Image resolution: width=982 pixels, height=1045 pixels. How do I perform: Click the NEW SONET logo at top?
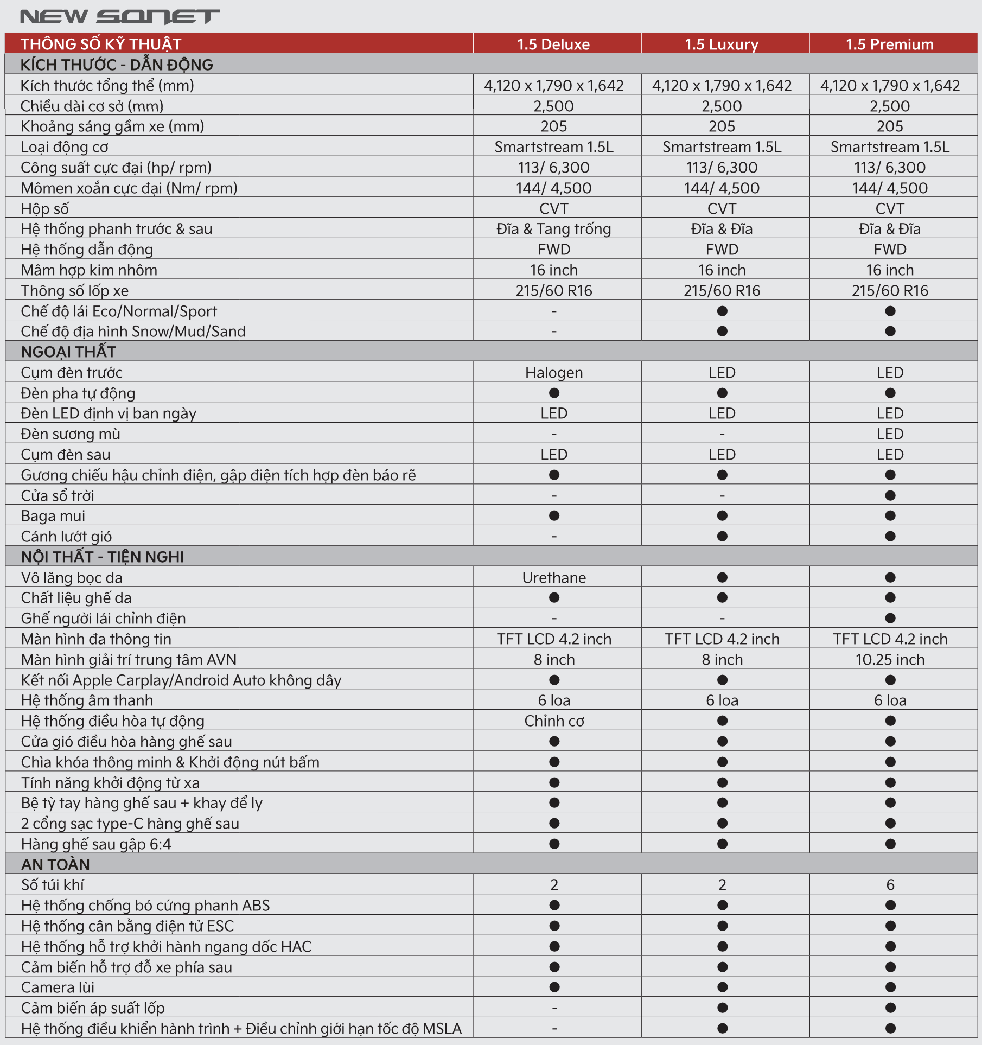tap(120, 16)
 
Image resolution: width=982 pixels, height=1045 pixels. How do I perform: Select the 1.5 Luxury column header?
tap(722, 44)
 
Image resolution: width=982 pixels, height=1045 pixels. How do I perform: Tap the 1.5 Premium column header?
tap(890, 44)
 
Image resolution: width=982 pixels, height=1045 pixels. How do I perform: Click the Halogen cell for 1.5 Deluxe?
tap(554, 373)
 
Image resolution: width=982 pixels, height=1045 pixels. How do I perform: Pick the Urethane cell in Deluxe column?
tap(554, 578)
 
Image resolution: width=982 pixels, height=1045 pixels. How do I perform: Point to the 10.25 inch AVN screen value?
tap(890, 660)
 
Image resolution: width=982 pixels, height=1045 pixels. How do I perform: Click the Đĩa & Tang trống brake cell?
tap(554, 229)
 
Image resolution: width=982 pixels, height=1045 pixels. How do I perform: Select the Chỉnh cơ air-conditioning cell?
tap(554, 721)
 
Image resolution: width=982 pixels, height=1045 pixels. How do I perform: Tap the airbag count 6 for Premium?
tap(890, 885)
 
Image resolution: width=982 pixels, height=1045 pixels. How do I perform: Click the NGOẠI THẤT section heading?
tap(68, 352)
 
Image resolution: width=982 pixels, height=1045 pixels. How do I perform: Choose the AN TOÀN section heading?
tap(55, 864)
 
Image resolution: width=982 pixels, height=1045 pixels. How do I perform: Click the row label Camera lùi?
tap(58, 987)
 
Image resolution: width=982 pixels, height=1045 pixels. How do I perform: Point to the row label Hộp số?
tap(45, 209)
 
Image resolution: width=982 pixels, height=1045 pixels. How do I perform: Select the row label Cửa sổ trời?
tap(58, 496)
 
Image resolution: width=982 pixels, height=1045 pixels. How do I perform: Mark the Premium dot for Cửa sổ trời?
tap(890, 495)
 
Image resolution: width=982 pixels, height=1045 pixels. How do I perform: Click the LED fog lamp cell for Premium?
tap(890, 434)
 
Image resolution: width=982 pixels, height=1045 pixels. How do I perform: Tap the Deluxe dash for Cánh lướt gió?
tap(554, 537)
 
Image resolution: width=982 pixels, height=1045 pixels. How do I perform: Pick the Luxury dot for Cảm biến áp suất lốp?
tap(722, 1008)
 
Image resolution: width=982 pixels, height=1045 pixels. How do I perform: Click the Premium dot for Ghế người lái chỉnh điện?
tap(890, 618)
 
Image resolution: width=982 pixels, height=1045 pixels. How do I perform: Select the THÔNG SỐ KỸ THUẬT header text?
tap(101, 44)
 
